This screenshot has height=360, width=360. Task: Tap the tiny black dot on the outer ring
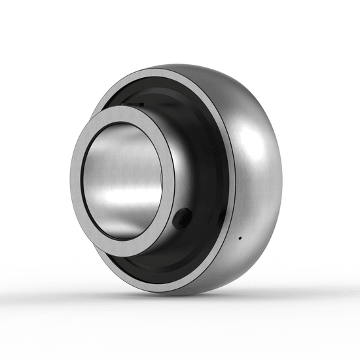(240, 237)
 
